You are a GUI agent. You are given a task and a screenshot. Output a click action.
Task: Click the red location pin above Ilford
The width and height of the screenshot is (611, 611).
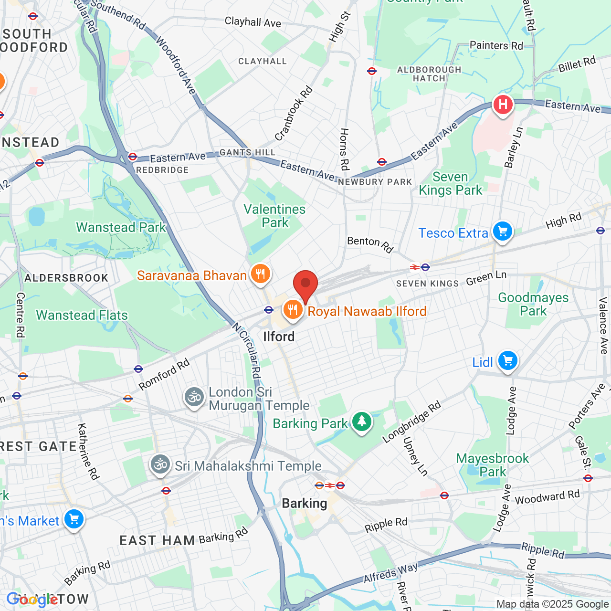(x=305, y=284)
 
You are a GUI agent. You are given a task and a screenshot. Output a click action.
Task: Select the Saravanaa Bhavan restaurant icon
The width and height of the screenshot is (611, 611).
(x=260, y=274)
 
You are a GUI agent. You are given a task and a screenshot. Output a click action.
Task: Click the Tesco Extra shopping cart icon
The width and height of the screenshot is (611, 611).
(x=502, y=232)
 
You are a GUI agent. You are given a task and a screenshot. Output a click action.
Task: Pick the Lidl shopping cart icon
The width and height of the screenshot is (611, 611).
(x=508, y=361)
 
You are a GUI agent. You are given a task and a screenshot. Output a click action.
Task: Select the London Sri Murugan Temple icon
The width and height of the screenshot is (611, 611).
(x=194, y=397)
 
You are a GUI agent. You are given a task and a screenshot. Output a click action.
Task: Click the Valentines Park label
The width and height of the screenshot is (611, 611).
(x=274, y=216)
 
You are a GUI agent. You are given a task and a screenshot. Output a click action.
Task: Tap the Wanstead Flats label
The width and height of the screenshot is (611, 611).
(x=82, y=316)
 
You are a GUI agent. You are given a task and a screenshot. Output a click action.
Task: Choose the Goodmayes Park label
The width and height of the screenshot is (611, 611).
(x=533, y=304)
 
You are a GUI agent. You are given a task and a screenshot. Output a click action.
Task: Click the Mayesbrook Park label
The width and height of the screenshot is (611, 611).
(x=493, y=465)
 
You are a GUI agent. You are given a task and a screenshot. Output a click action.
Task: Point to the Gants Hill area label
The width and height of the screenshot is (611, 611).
(x=247, y=152)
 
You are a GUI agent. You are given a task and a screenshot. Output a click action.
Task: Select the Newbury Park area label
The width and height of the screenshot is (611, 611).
(x=375, y=182)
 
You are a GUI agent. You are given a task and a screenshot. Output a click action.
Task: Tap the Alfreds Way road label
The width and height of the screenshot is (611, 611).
(x=390, y=573)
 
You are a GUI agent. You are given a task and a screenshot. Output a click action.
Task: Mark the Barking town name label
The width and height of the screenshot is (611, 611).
(x=305, y=504)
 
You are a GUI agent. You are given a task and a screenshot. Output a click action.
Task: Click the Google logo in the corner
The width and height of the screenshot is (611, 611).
(x=32, y=600)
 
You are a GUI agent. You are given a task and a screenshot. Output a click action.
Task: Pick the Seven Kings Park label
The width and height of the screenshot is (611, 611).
(x=450, y=184)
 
